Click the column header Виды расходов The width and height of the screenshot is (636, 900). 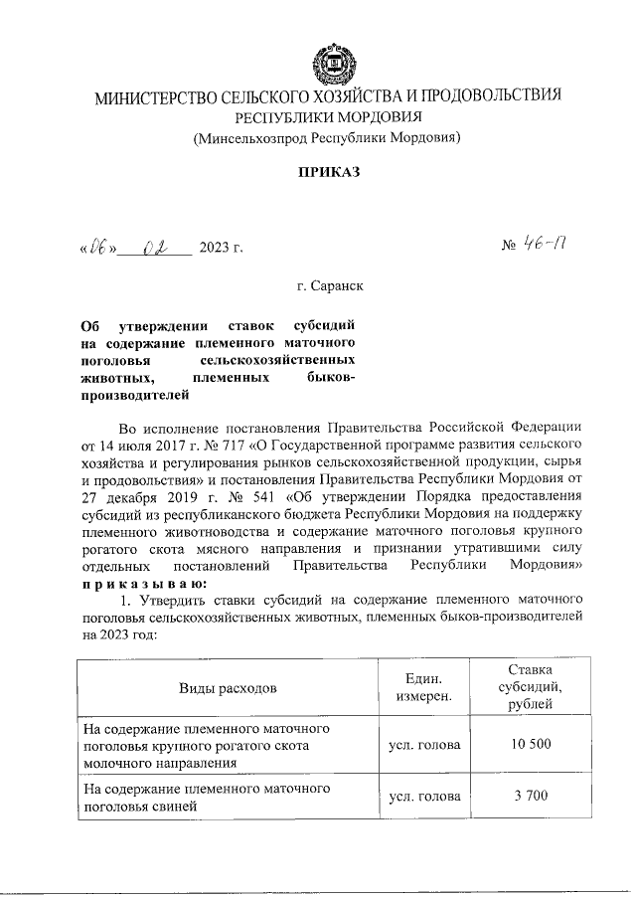(228, 687)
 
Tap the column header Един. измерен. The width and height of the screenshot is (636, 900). (424, 686)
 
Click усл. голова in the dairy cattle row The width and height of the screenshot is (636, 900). (424, 744)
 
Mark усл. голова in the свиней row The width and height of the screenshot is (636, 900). (424, 797)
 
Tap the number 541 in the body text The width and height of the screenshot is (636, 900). (238, 496)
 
